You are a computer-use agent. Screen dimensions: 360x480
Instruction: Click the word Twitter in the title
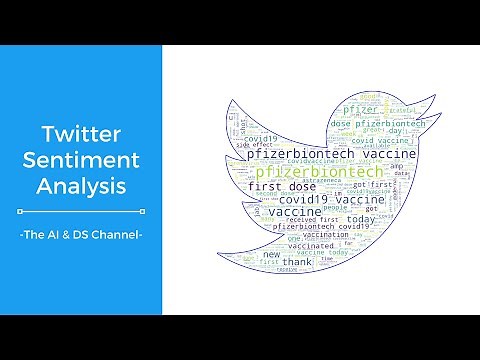(x=81, y=134)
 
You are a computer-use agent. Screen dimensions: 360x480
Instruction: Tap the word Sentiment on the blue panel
(x=81, y=160)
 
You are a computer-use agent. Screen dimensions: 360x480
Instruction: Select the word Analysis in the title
(x=81, y=185)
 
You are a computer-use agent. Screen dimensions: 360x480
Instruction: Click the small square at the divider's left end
(x=20, y=211)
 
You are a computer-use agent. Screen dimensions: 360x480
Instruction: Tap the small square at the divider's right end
(x=143, y=211)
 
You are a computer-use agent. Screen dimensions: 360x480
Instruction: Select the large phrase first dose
(x=283, y=187)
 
